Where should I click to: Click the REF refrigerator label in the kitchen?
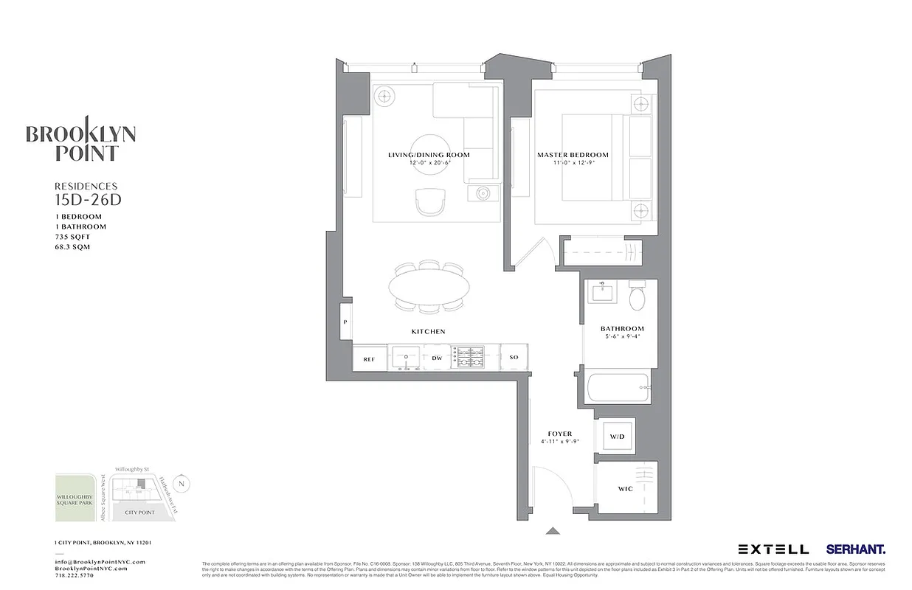tap(369, 359)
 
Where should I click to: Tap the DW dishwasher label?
tap(437, 358)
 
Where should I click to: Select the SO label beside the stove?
tap(514, 358)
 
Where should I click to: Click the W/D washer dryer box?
tap(617, 437)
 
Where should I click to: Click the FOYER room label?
tap(560, 434)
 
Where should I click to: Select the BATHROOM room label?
tap(622, 329)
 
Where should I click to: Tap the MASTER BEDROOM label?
tap(573, 155)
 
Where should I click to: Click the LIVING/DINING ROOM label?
tap(429, 155)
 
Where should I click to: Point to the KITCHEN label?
tap(428, 332)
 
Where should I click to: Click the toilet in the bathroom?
tap(637, 297)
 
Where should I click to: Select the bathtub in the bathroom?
tap(617, 387)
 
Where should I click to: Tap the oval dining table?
tap(429, 285)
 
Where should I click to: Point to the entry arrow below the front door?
tap(552, 530)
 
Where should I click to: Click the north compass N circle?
tap(184, 484)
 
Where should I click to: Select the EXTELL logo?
tap(773, 549)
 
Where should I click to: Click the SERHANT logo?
tap(856, 549)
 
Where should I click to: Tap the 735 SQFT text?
tap(72, 237)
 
